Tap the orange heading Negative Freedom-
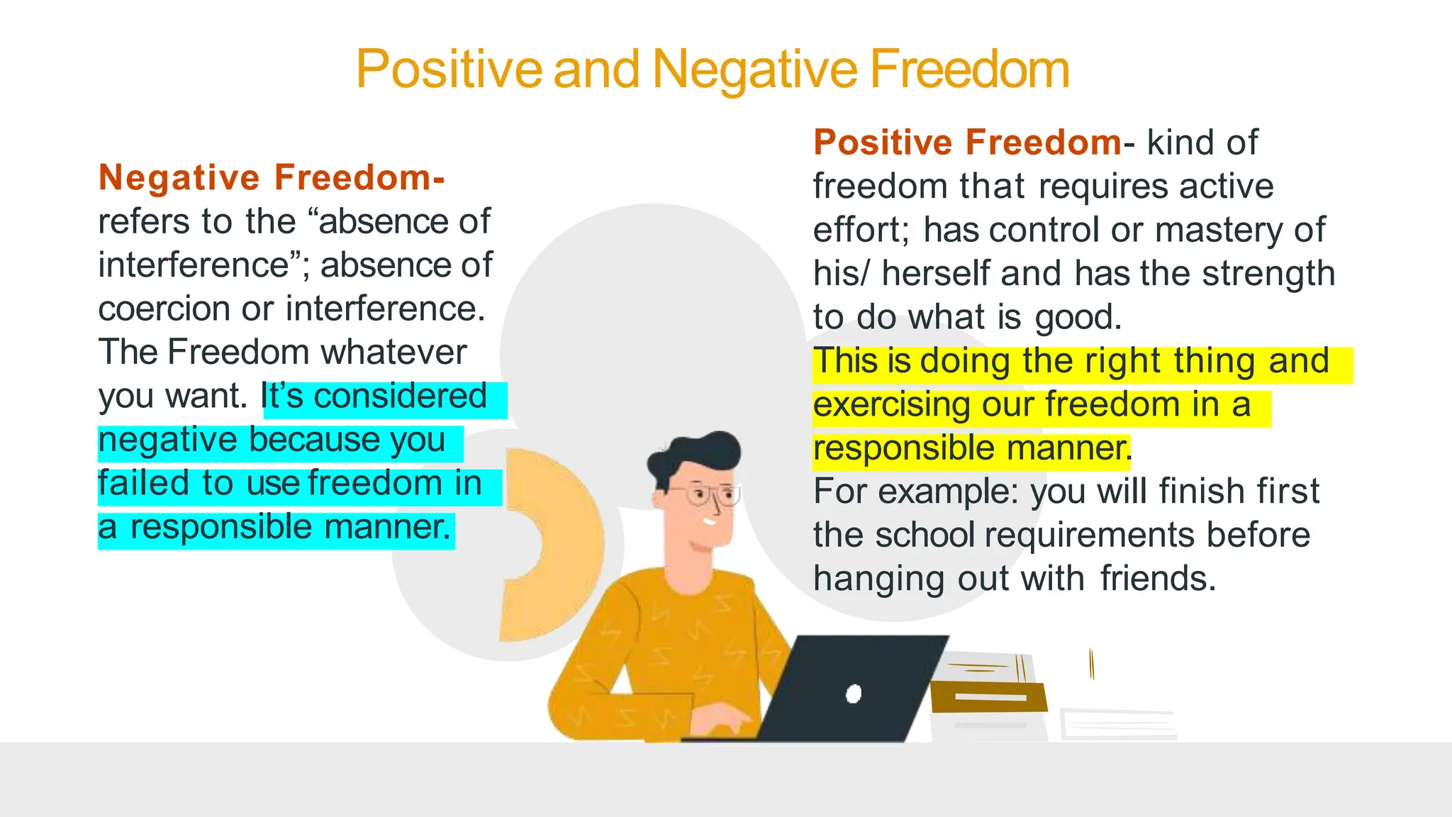click(x=272, y=177)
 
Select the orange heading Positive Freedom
click(x=967, y=143)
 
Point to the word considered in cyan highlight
click(x=401, y=396)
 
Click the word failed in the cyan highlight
click(x=144, y=484)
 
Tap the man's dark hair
click(x=698, y=454)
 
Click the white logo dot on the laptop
click(x=854, y=694)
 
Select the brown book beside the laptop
click(x=990, y=696)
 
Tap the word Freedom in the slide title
click(x=969, y=70)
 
